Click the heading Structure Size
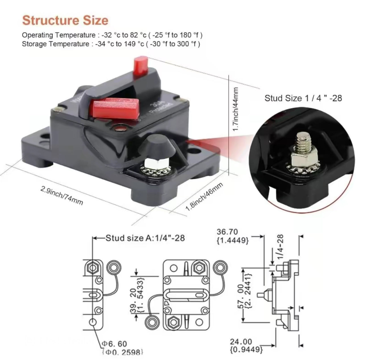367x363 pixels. coord(65,21)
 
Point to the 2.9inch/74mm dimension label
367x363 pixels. coord(62,196)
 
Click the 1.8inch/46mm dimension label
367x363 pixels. coord(204,197)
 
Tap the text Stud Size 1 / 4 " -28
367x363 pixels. coord(303,98)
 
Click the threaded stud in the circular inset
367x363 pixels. coord(300,141)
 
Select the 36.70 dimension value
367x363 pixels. coord(227,232)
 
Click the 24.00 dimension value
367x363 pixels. coord(241,341)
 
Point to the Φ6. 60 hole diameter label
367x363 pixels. coord(115,344)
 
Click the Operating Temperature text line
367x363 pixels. coord(112,35)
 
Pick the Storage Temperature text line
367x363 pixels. coord(111,44)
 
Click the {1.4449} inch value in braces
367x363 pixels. coord(232,240)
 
